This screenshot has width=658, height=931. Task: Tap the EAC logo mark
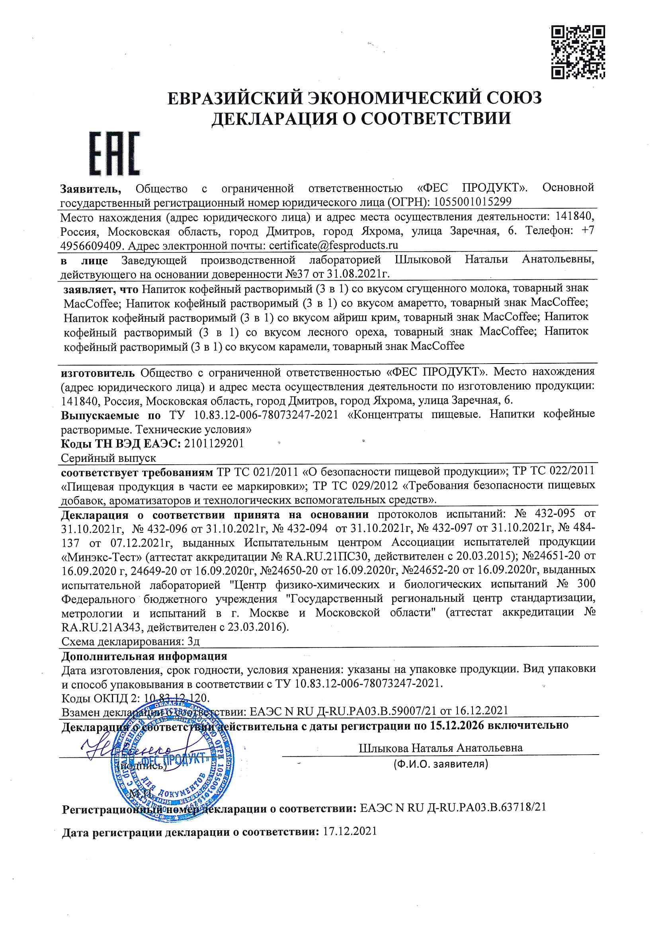115,153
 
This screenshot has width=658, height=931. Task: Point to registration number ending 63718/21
453,808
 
